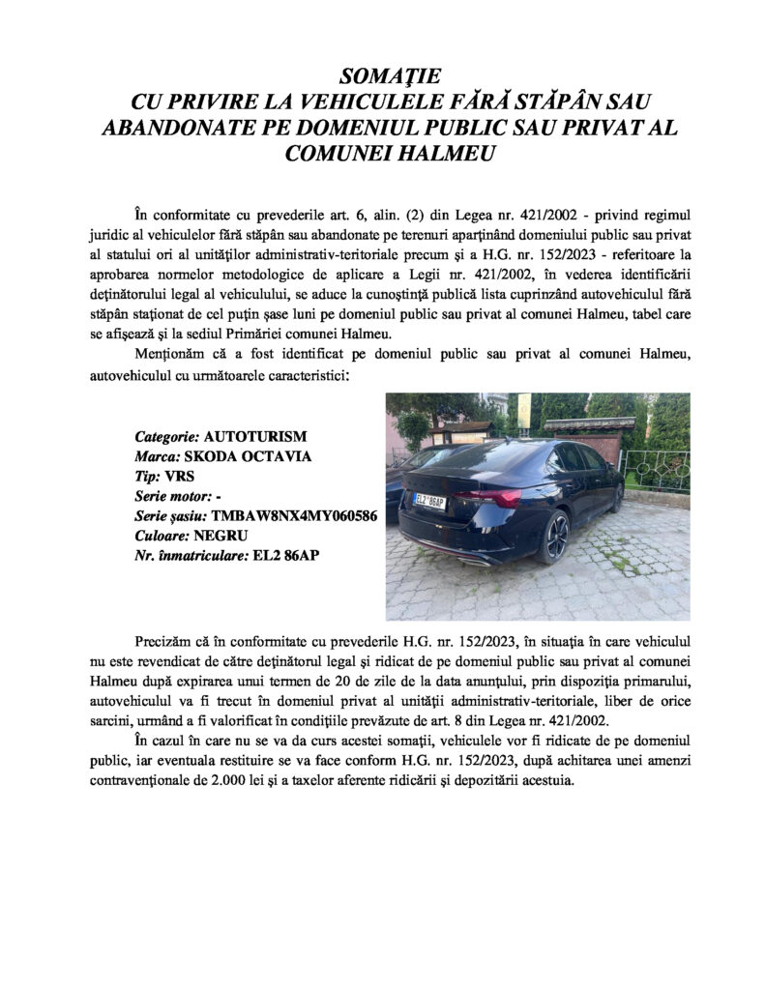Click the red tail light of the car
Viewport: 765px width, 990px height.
[x=494, y=497]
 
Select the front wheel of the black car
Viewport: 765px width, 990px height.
[x=616, y=497]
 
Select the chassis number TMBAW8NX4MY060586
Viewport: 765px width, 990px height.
[x=293, y=516]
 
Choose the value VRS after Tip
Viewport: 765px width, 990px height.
[x=179, y=477]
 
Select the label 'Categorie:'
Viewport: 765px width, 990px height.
[x=167, y=436]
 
